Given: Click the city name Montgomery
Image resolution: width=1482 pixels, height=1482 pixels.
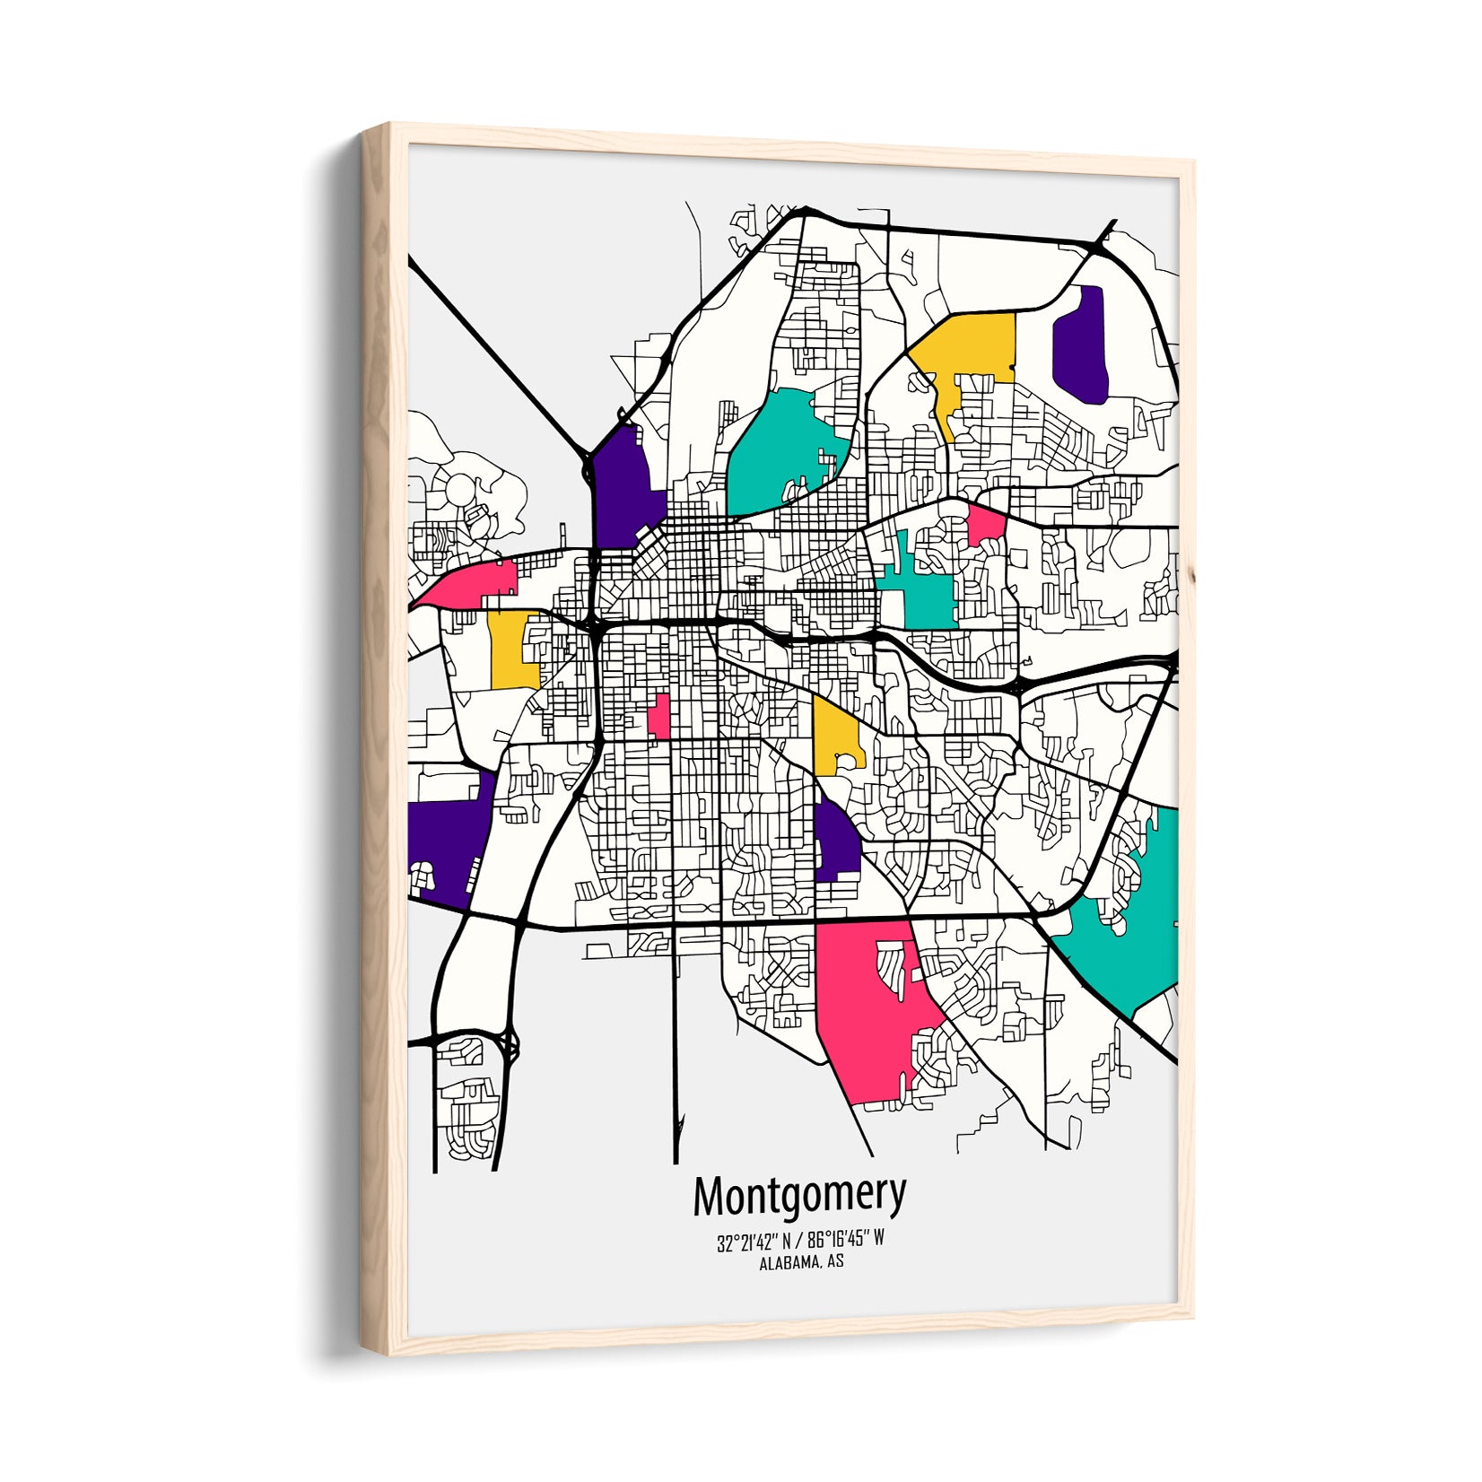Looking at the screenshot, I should [799, 1195].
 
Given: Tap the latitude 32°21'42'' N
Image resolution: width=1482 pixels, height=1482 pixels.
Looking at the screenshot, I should [754, 1242].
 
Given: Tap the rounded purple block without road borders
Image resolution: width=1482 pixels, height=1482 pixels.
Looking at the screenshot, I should [1080, 342].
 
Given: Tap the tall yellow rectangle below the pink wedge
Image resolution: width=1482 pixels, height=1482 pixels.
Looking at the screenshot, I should [512, 650].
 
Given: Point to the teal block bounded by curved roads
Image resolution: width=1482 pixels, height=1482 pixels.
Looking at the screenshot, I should [780, 449].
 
